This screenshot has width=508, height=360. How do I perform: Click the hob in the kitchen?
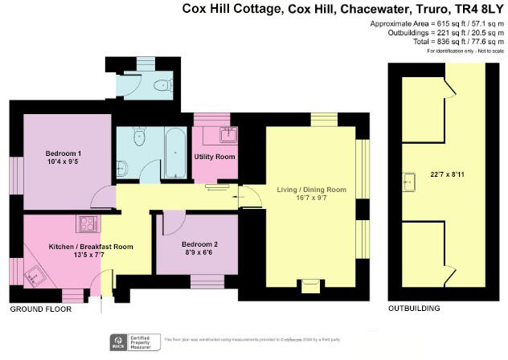point(86,223)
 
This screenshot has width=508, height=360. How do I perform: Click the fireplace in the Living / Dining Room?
point(309,286)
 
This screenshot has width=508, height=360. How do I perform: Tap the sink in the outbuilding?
point(409,182)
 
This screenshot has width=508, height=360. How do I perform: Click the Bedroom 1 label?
point(63,153)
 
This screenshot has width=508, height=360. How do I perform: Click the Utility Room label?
point(215,157)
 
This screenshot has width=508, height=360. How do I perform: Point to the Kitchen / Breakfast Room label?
point(90,247)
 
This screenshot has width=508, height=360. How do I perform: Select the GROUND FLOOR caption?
point(40,309)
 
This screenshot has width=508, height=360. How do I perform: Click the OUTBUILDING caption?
point(414,309)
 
